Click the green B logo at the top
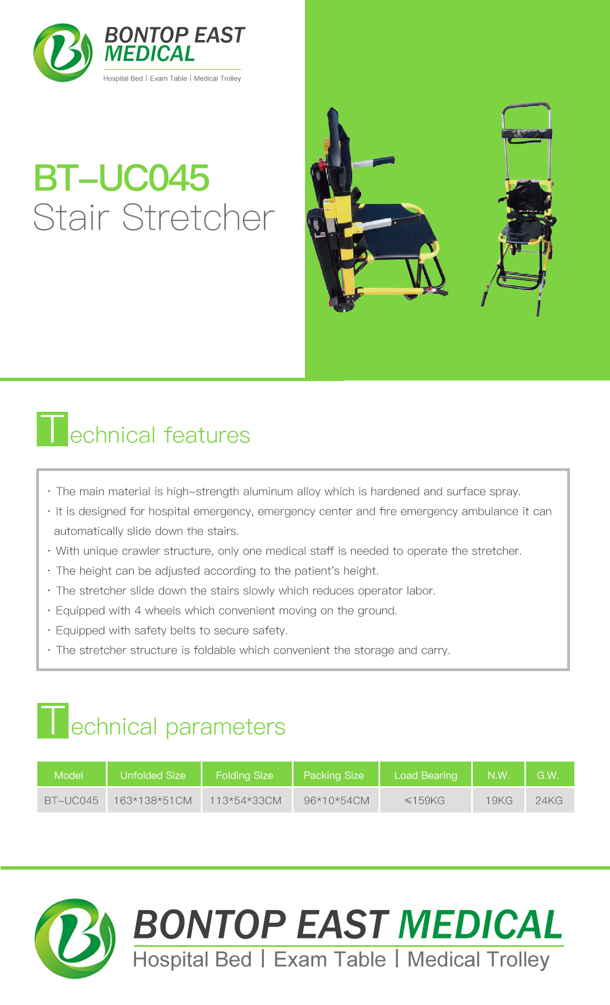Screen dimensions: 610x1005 coord(63,53)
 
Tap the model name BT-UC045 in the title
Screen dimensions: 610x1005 coord(121,178)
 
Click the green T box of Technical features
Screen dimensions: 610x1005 coord(52,429)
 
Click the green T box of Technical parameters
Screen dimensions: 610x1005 coord(53,720)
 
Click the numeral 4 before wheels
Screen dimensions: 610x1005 coord(138,610)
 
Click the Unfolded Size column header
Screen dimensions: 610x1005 coord(153,775)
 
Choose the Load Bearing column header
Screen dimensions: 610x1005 coord(426,775)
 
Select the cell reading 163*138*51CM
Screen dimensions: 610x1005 coord(153,800)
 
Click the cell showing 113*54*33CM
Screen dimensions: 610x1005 coord(246,800)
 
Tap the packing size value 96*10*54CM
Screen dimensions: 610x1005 coord(336,800)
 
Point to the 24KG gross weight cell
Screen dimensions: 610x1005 coord(549,800)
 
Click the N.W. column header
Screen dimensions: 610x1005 coord(499,775)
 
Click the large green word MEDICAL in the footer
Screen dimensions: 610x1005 coord(481,924)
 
